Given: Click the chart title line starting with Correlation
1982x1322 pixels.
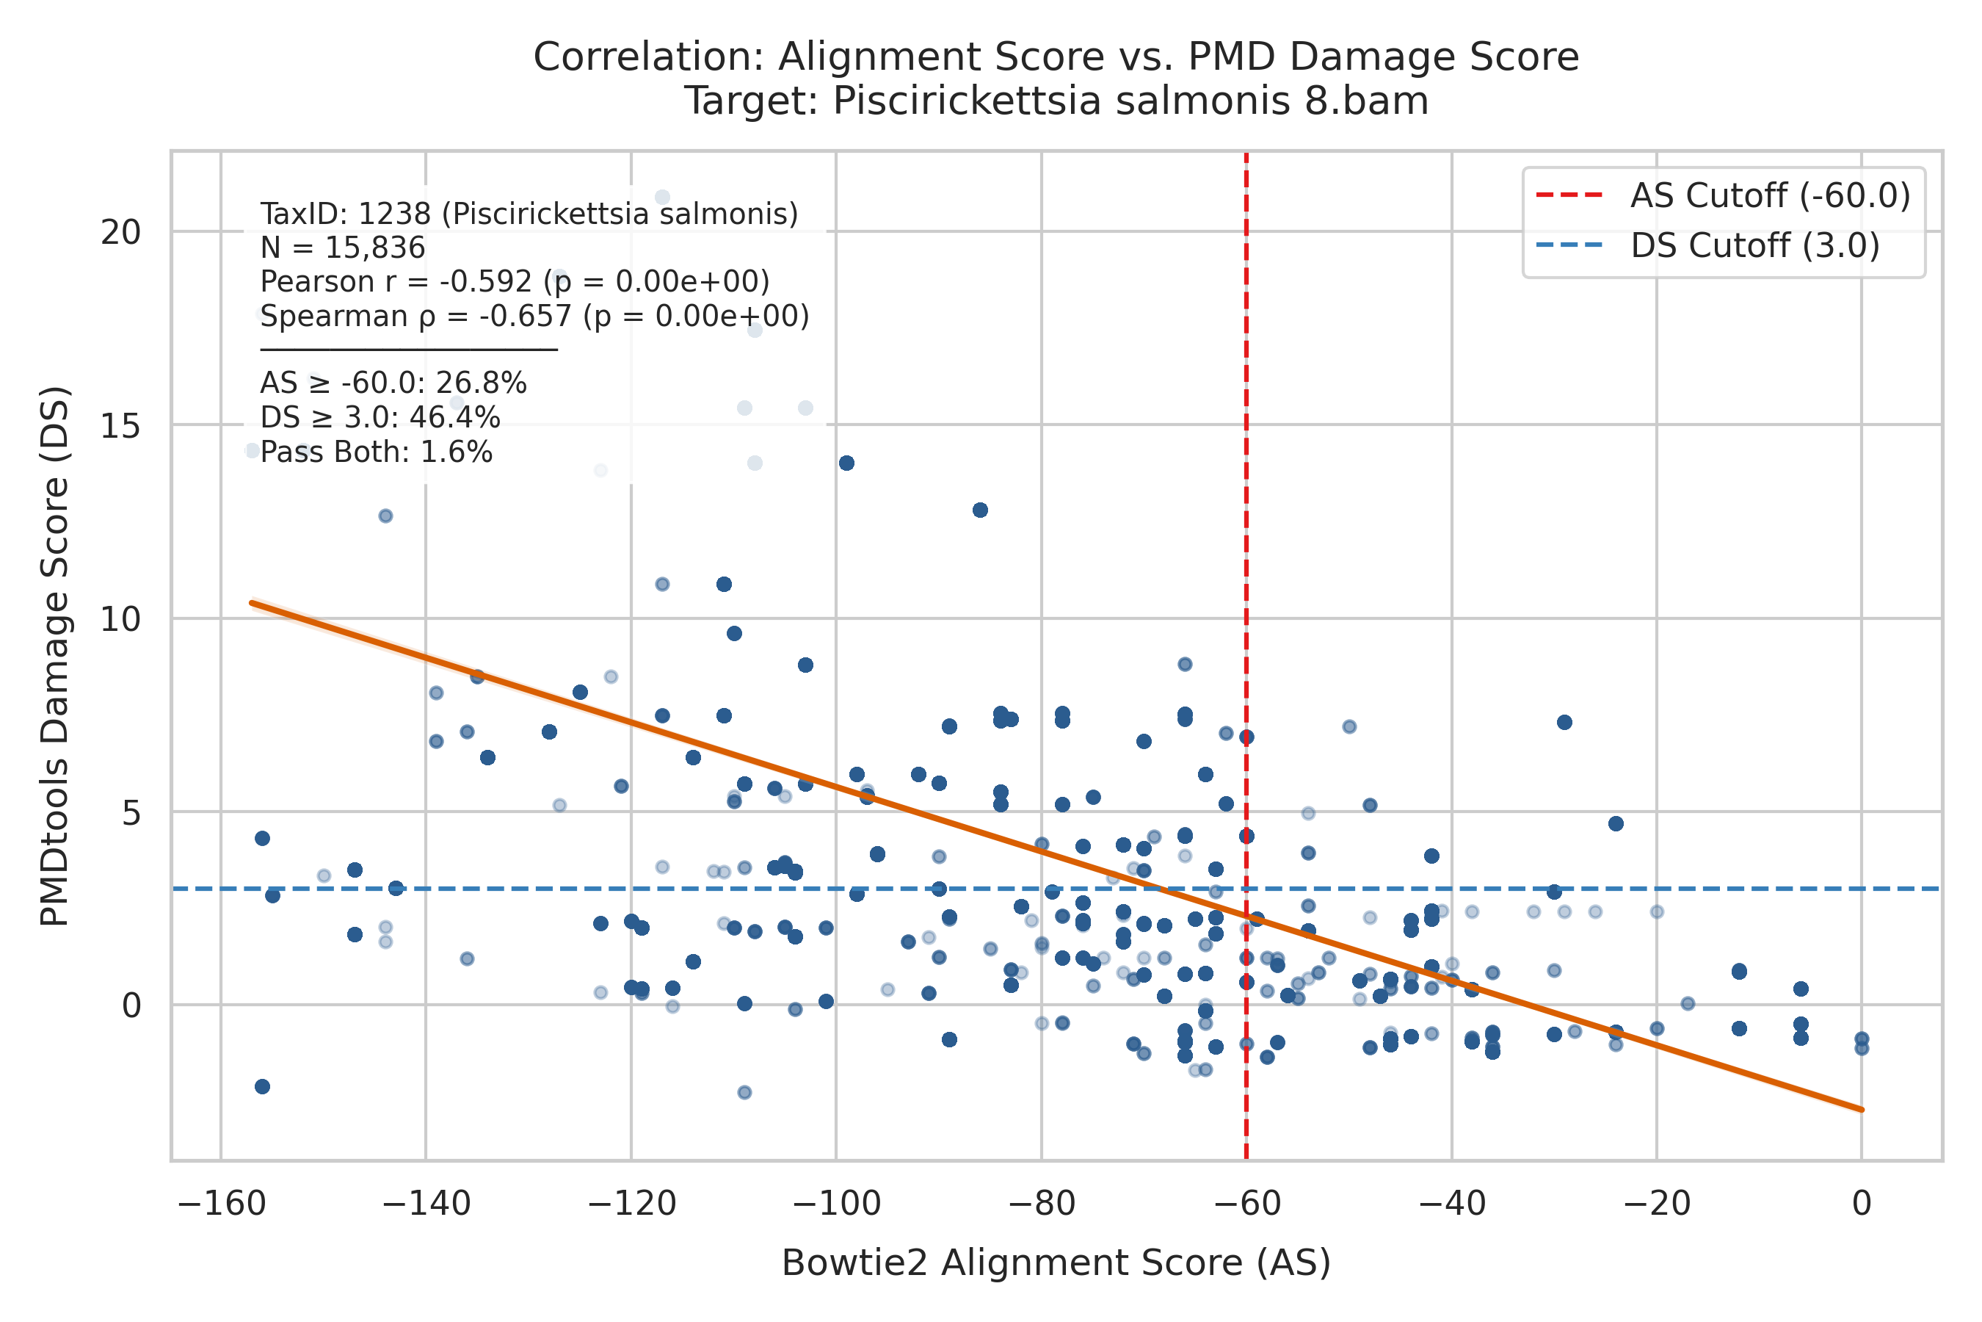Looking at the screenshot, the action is coord(1056,57).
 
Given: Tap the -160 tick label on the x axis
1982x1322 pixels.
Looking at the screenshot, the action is coord(221,1203).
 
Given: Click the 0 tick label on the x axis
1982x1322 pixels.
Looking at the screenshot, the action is coord(1862,1203).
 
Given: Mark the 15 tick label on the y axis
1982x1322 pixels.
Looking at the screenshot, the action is coord(121,426).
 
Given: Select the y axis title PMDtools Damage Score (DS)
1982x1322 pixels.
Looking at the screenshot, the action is coord(55,656).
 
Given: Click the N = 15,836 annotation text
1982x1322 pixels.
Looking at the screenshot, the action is coord(343,248).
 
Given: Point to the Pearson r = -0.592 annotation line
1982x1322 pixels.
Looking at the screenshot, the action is coord(515,281).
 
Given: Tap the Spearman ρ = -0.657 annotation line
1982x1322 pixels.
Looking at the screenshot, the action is coord(534,316).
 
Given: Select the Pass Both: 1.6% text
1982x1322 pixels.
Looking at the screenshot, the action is coord(376,452).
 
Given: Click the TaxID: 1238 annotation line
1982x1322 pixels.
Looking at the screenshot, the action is coord(529,214).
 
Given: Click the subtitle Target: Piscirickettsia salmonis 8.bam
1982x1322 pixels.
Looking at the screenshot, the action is coord(1056,101).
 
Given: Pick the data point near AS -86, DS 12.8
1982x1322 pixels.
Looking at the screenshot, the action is coord(980,510).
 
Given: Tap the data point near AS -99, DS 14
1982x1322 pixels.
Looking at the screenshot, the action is coord(847,463).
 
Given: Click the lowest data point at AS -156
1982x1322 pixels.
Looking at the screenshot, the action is coord(262,1087).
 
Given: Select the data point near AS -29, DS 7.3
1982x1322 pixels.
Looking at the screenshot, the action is coord(1565,723).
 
